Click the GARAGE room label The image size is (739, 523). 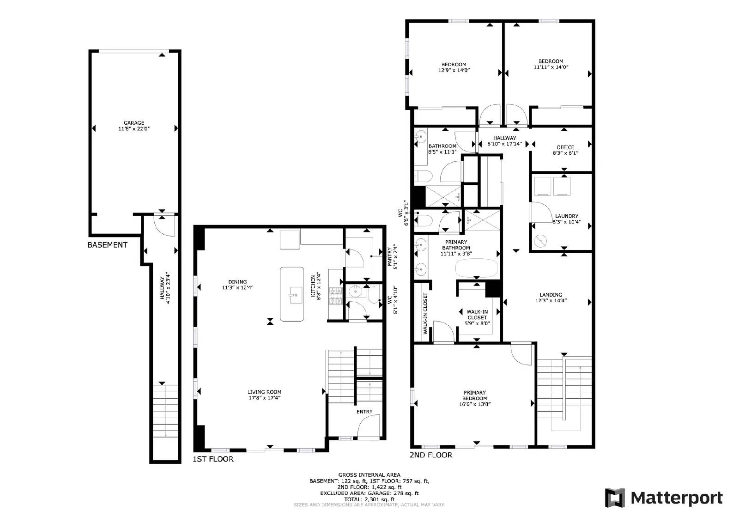133,123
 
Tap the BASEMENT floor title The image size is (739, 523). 107,245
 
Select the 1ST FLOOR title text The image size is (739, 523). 213,459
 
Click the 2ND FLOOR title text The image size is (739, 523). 430,455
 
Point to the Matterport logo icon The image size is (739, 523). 615,498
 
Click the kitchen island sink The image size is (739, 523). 292,293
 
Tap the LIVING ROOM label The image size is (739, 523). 264,392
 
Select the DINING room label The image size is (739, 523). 237,282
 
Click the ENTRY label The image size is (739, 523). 364,412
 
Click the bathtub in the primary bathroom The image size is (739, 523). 477,268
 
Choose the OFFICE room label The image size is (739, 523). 565,147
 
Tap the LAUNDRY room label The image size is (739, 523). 566,216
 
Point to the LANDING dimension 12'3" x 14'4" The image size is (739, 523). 551,300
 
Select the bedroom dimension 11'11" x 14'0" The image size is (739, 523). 551,67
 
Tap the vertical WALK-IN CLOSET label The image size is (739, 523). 425,314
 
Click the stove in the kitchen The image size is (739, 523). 335,297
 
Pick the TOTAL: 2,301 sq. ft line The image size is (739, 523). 369,499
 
